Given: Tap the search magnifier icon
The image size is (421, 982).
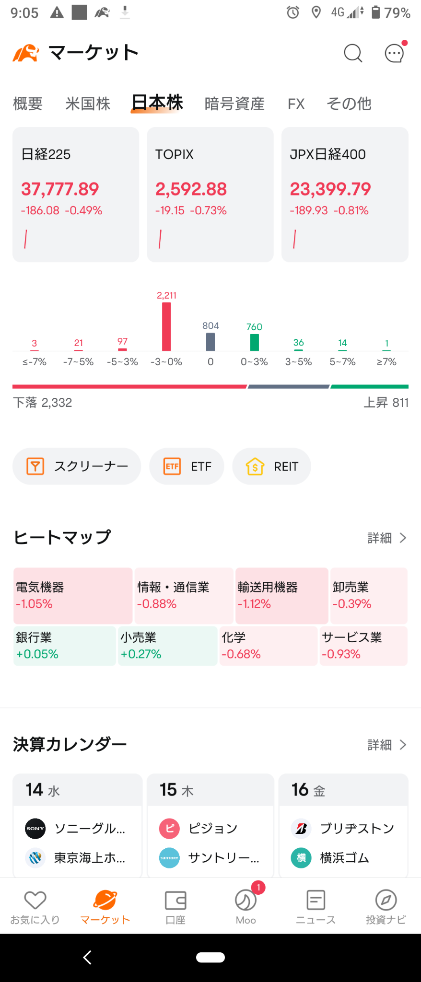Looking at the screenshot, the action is (x=353, y=53).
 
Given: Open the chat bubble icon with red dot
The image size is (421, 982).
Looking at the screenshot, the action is (x=395, y=52).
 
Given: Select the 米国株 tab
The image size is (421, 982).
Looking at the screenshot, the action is (x=88, y=104).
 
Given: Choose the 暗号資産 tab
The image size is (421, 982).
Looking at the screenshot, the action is (x=234, y=104).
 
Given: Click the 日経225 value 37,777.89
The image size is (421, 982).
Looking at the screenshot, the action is (x=60, y=189).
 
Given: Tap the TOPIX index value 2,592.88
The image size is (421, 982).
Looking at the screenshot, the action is (x=191, y=189).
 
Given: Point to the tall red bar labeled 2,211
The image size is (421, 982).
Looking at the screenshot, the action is (x=166, y=327).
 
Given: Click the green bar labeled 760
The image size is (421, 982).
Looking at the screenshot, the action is (x=255, y=342).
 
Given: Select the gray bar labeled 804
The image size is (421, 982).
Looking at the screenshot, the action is (x=210, y=342).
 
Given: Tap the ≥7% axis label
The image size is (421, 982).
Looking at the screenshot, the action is (x=386, y=362).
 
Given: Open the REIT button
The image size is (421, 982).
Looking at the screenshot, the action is (x=272, y=466).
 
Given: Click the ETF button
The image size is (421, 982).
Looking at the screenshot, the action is (x=187, y=466).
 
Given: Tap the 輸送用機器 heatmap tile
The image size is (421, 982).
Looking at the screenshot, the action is (x=282, y=596).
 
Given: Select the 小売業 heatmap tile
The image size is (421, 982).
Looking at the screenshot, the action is (x=168, y=646).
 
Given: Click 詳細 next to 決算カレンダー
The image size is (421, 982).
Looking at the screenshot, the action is (x=387, y=745).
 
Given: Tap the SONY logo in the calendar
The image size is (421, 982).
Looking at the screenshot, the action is (x=35, y=828).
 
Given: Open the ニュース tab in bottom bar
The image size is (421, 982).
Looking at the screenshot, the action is (x=316, y=907).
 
